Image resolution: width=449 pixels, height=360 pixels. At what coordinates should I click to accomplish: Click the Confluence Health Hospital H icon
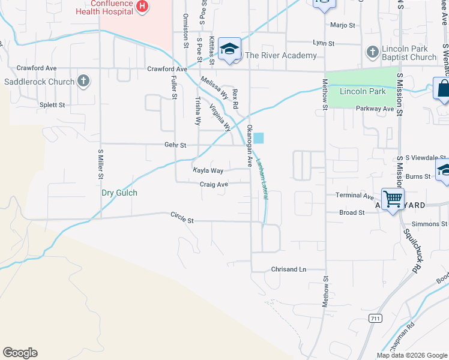point(142,7)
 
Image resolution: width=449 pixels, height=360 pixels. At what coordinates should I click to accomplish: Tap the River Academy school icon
point(229,49)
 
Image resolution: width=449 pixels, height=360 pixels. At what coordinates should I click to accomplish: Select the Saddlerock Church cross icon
point(83,81)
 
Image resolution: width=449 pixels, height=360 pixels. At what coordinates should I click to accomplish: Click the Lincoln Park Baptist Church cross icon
point(372,52)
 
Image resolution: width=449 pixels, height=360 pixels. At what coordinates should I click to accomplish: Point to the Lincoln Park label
point(363,92)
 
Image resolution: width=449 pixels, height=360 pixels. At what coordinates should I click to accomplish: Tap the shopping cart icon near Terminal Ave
point(393,198)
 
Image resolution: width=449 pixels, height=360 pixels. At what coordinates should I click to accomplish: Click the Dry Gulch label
point(119,193)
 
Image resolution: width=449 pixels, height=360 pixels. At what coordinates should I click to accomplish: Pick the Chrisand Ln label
point(289,269)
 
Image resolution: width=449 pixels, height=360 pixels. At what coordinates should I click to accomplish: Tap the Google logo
point(20,353)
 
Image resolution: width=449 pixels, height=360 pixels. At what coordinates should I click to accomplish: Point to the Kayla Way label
point(208,171)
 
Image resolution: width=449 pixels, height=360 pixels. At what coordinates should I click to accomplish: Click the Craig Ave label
point(214,185)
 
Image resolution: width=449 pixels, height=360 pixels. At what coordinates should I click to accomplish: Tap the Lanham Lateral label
point(262,178)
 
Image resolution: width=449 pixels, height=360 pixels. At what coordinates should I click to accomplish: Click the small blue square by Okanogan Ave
point(258,138)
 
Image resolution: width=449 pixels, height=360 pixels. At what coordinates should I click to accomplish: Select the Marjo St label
point(344,25)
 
